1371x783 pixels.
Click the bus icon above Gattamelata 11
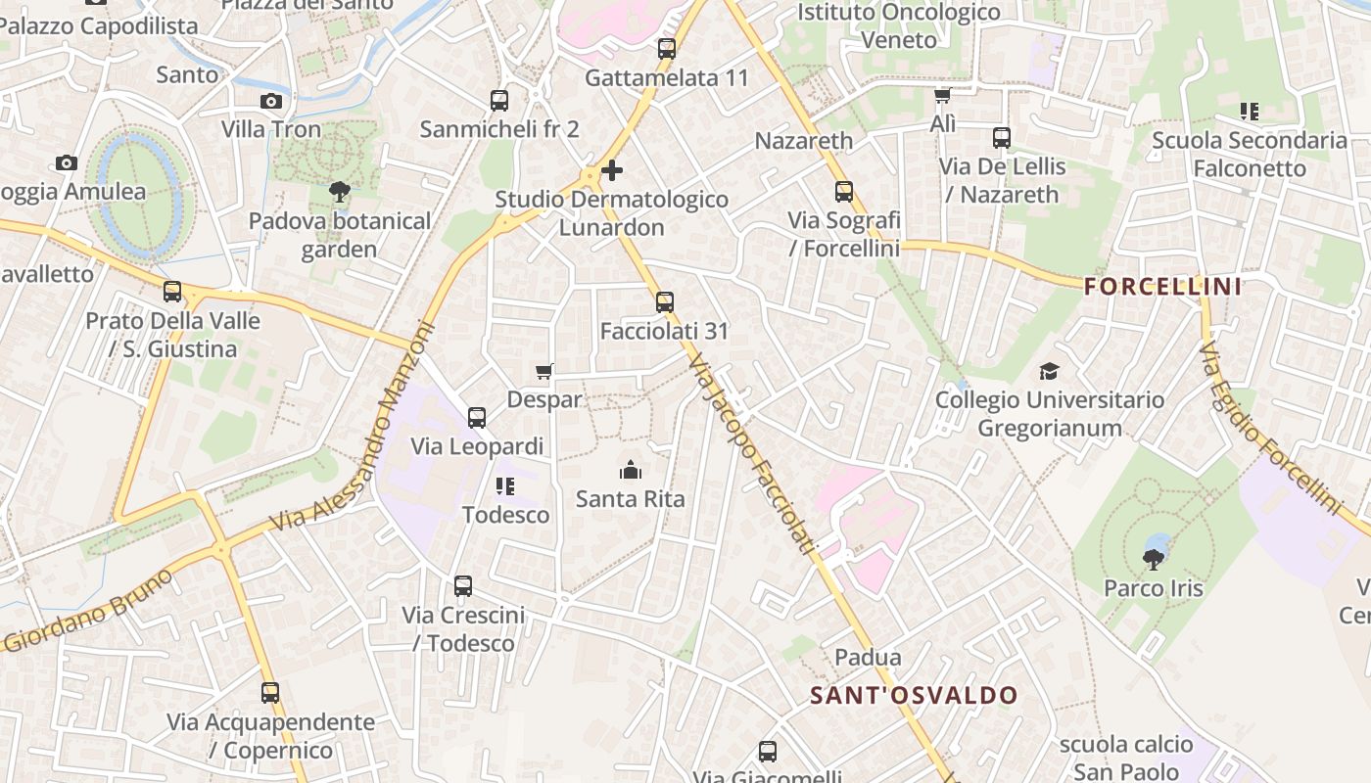667,48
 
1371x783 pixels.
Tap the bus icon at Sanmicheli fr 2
499,100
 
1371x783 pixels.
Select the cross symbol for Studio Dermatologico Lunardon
612,171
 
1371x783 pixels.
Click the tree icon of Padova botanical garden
340,191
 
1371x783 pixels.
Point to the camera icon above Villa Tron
271,101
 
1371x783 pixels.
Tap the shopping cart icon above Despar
544,371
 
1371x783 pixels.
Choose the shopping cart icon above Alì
942,96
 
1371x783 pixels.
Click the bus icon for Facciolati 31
665,301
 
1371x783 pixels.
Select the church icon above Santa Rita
631,471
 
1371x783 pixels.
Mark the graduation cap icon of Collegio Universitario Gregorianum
1050,371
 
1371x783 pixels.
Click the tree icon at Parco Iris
1154,559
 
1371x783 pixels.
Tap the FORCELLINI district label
1163,287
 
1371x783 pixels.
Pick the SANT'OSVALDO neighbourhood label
915,696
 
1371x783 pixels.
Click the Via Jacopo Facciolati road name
751,455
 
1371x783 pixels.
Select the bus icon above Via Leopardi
477,418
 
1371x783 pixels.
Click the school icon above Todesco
505,485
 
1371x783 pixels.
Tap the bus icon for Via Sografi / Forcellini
844,192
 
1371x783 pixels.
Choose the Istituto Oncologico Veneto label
898,26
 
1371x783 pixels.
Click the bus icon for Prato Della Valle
172,292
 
